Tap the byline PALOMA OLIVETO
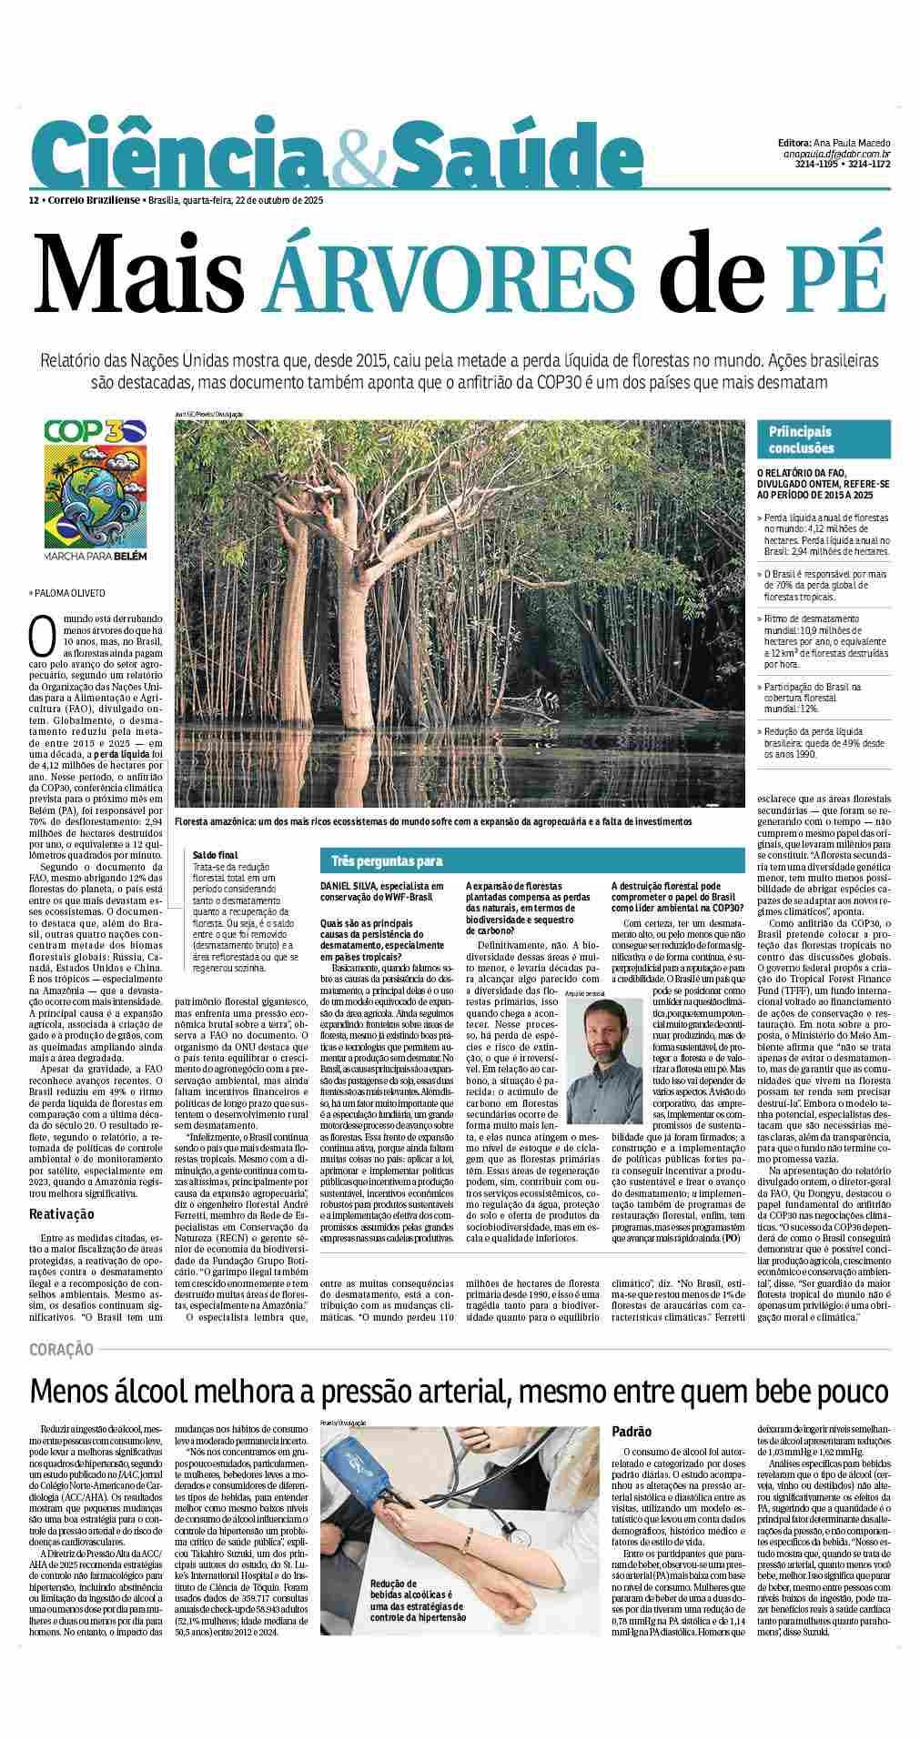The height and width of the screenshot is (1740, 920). [69, 593]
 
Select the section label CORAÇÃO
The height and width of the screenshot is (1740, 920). [61, 1350]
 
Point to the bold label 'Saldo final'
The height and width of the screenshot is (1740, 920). [215, 855]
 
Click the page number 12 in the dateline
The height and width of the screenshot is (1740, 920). [33, 199]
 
